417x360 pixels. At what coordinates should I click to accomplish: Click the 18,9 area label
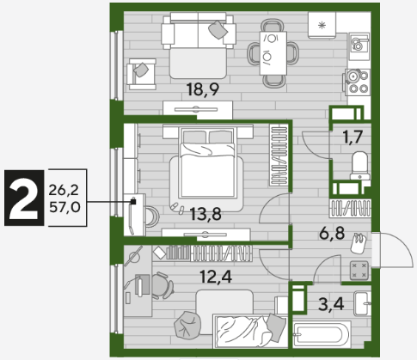[x=203, y=89]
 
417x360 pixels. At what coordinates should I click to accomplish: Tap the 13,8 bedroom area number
[x=205, y=214]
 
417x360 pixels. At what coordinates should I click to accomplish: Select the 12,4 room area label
[x=216, y=277]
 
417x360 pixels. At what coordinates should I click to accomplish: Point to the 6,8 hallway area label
[x=332, y=233]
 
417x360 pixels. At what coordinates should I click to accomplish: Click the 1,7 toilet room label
[x=353, y=137]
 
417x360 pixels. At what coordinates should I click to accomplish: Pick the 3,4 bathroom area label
[x=331, y=304]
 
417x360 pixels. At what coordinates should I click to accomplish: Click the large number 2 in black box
[x=24, y=198]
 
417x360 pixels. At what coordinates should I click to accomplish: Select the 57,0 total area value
[x=64, y=207]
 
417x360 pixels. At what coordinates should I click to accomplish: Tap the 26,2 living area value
[x=64, y=190]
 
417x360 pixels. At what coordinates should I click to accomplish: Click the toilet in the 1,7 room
[x=360, y=165]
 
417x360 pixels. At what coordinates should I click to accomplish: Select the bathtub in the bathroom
[x=322, y=335]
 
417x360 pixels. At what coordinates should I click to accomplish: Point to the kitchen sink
[x=359, y=44]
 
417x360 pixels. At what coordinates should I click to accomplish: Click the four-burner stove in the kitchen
[x=357, y=82]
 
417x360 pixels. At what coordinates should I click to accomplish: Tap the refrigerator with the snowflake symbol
[x=322, y=25]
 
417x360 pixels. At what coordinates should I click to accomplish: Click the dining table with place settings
[x=273, y=53]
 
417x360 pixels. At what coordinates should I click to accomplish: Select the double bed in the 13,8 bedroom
[x=207, y=162]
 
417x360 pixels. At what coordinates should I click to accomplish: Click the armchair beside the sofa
[x=142, y=74]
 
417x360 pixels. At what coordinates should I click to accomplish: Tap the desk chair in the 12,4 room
[x=162, y=285]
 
